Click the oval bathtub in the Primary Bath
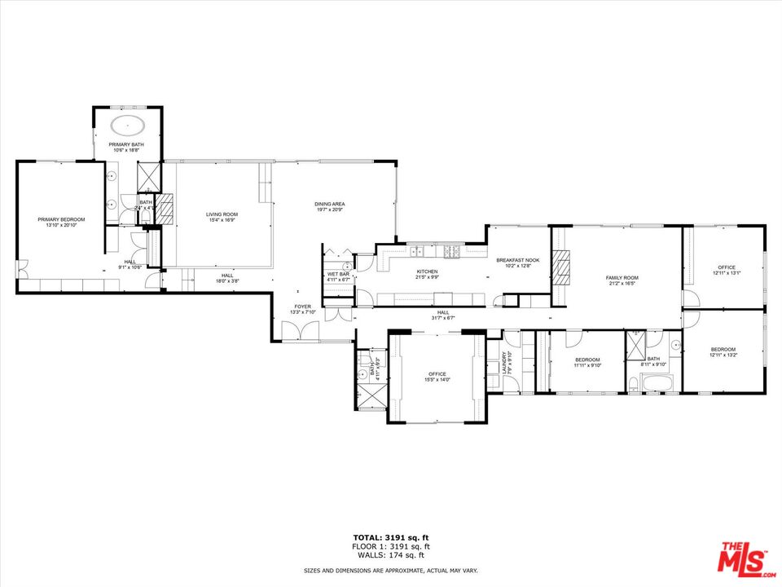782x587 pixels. (129, 126)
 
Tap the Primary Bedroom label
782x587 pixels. (61, 219)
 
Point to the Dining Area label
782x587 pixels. (331, 204)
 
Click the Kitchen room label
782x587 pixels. (428, 271)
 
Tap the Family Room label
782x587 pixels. (622, 278)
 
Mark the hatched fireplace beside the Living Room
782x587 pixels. (165, 209)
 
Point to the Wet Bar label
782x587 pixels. (337, 274)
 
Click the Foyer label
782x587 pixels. (302, 307)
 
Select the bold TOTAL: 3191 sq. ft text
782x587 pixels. (391, 537)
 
